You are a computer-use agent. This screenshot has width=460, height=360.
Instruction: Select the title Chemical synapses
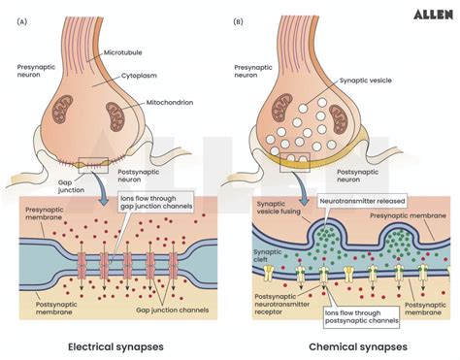pos(345,345)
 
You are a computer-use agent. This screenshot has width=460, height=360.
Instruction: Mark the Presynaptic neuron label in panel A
pos(36,75)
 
